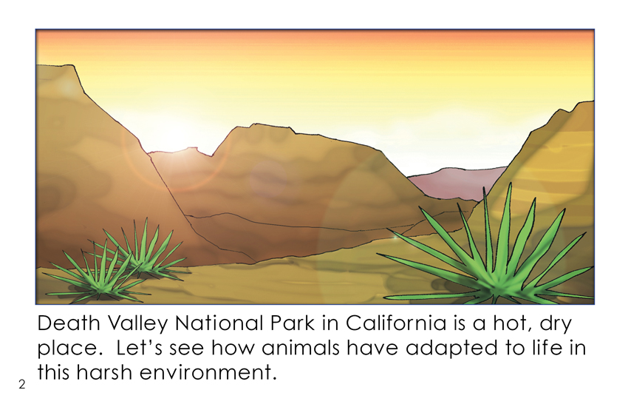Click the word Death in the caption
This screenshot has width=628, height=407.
[69, 323]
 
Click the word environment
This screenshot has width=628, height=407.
[208, 372]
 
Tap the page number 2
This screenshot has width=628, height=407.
[21, 385]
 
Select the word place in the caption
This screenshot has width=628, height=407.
[67, 349]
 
